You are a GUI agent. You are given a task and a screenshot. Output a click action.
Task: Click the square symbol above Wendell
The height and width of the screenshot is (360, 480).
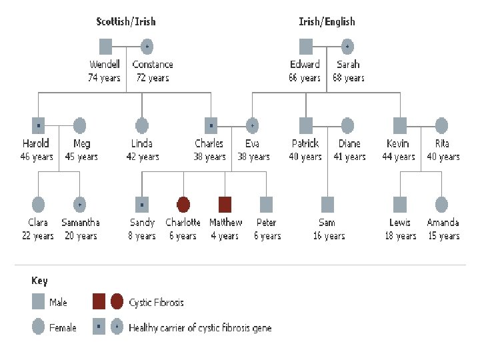tap(105, 46)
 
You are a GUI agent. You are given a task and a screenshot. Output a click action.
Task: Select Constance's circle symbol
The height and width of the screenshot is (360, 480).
tap(147, 46)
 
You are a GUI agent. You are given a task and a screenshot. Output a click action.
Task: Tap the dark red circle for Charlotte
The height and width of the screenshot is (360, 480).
tap(183, 204)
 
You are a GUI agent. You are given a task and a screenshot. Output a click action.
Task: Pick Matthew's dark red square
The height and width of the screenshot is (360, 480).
tap(225, 204)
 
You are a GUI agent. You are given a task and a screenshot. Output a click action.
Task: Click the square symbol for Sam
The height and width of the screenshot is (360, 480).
tap(327, 204)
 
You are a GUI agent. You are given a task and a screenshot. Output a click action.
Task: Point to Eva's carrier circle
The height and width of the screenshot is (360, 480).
tap(252, 125)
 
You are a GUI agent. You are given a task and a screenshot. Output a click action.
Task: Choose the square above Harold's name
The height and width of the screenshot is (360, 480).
tap(38, 125)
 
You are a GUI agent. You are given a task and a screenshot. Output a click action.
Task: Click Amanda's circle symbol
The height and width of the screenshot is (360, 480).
tap(441, 204)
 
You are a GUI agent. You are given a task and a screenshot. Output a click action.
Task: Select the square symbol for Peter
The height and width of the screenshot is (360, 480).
tap(266, 204)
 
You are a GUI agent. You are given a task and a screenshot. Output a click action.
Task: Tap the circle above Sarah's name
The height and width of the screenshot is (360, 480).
tap(347, 46)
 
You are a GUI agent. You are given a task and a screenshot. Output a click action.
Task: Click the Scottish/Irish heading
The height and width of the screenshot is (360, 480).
tap(126, 21)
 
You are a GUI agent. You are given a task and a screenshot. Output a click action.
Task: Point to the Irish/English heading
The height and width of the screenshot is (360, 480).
tap(327, 21)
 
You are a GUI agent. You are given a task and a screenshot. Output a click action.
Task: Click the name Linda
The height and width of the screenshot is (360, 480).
tap(142, 143)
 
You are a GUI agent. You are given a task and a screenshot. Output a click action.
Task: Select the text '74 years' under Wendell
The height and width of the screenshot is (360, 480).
tap(105, 78)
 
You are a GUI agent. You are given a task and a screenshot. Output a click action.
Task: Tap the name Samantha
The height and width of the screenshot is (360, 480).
tap(81, 223)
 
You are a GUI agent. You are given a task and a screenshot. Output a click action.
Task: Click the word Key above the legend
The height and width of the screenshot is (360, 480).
tap(40, 281)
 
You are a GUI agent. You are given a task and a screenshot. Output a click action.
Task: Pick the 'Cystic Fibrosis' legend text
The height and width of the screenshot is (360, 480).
tap(156, 302)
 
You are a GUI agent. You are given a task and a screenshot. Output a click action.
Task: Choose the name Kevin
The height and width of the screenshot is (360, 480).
tap(399, 143)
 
